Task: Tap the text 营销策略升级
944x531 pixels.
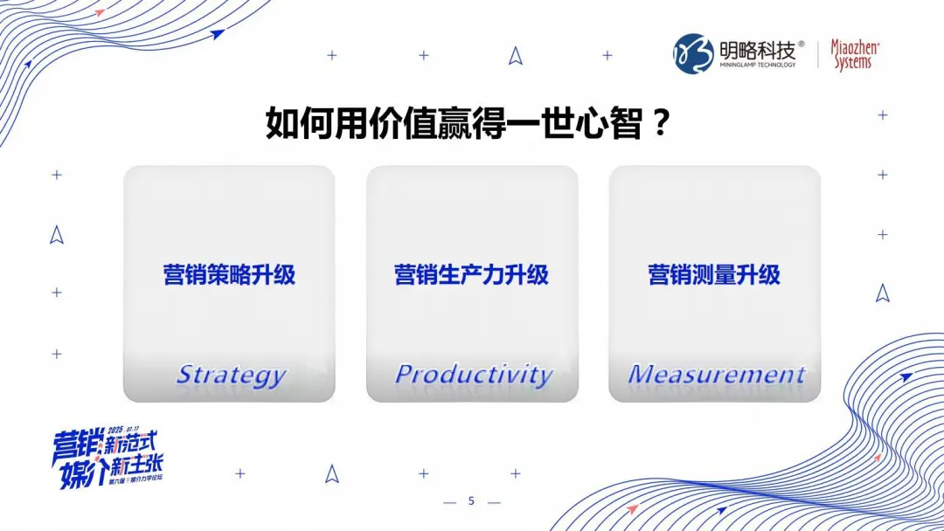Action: (229, 275)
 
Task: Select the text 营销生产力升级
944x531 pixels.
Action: (471, 275)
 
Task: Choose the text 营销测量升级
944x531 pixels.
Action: (714, 275)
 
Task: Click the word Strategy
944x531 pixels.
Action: (231, 376)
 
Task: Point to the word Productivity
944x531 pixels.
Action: (473, 375)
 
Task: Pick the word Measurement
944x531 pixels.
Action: (716, 375)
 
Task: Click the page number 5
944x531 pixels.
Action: (471, 501)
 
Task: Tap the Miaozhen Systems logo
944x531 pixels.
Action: (854, 54)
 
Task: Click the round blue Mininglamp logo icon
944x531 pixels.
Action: (692, 54)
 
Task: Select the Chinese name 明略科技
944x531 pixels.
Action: (756, 48)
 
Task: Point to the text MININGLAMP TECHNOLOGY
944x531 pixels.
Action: (757, 66)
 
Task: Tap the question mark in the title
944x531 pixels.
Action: (661, 124)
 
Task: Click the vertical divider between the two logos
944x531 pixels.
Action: (817, 54)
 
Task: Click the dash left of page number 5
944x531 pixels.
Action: (451, 502)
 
